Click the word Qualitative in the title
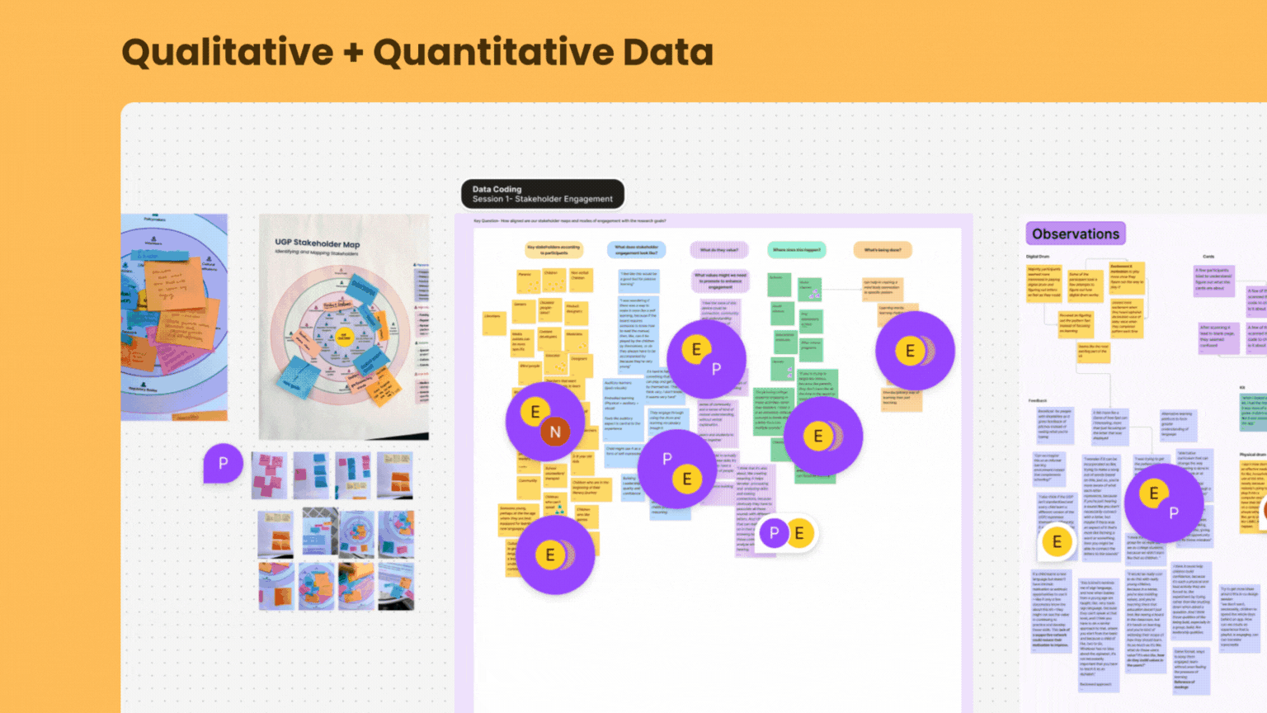tap(227, 53)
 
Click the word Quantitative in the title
tap(492, 53)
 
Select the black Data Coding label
tap(542, 194)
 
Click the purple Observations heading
tap(1076, 234)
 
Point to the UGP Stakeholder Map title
tap(318, 243)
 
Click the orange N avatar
tap(555, 431)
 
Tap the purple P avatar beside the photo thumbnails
tap(223, 463)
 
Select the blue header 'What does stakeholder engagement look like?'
tap(636, 249)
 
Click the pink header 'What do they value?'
tap(719, 249)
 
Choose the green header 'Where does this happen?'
tap(796, 249)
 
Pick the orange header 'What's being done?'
tap(883, 249)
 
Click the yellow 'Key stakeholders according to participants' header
tap(553, 249)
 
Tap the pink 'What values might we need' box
tap(719, 281)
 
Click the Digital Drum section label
tap(1038, 257)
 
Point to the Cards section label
tap(1208, 257)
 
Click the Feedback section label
tap(1037, 400)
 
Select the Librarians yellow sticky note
tap(493, 322)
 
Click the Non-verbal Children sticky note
tap(581, 279)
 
